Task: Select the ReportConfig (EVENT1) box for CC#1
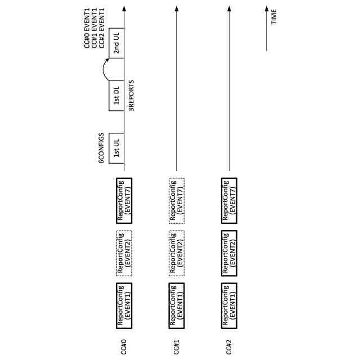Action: point(176,304)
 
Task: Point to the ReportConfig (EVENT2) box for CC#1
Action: point(176,253)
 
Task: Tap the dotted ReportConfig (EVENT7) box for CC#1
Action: point(176,201)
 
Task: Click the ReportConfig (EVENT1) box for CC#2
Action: point(229,304)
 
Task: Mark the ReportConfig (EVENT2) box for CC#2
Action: point(229,253)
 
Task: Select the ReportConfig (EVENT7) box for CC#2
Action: point(229,201)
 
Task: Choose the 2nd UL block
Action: point(116,41)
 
